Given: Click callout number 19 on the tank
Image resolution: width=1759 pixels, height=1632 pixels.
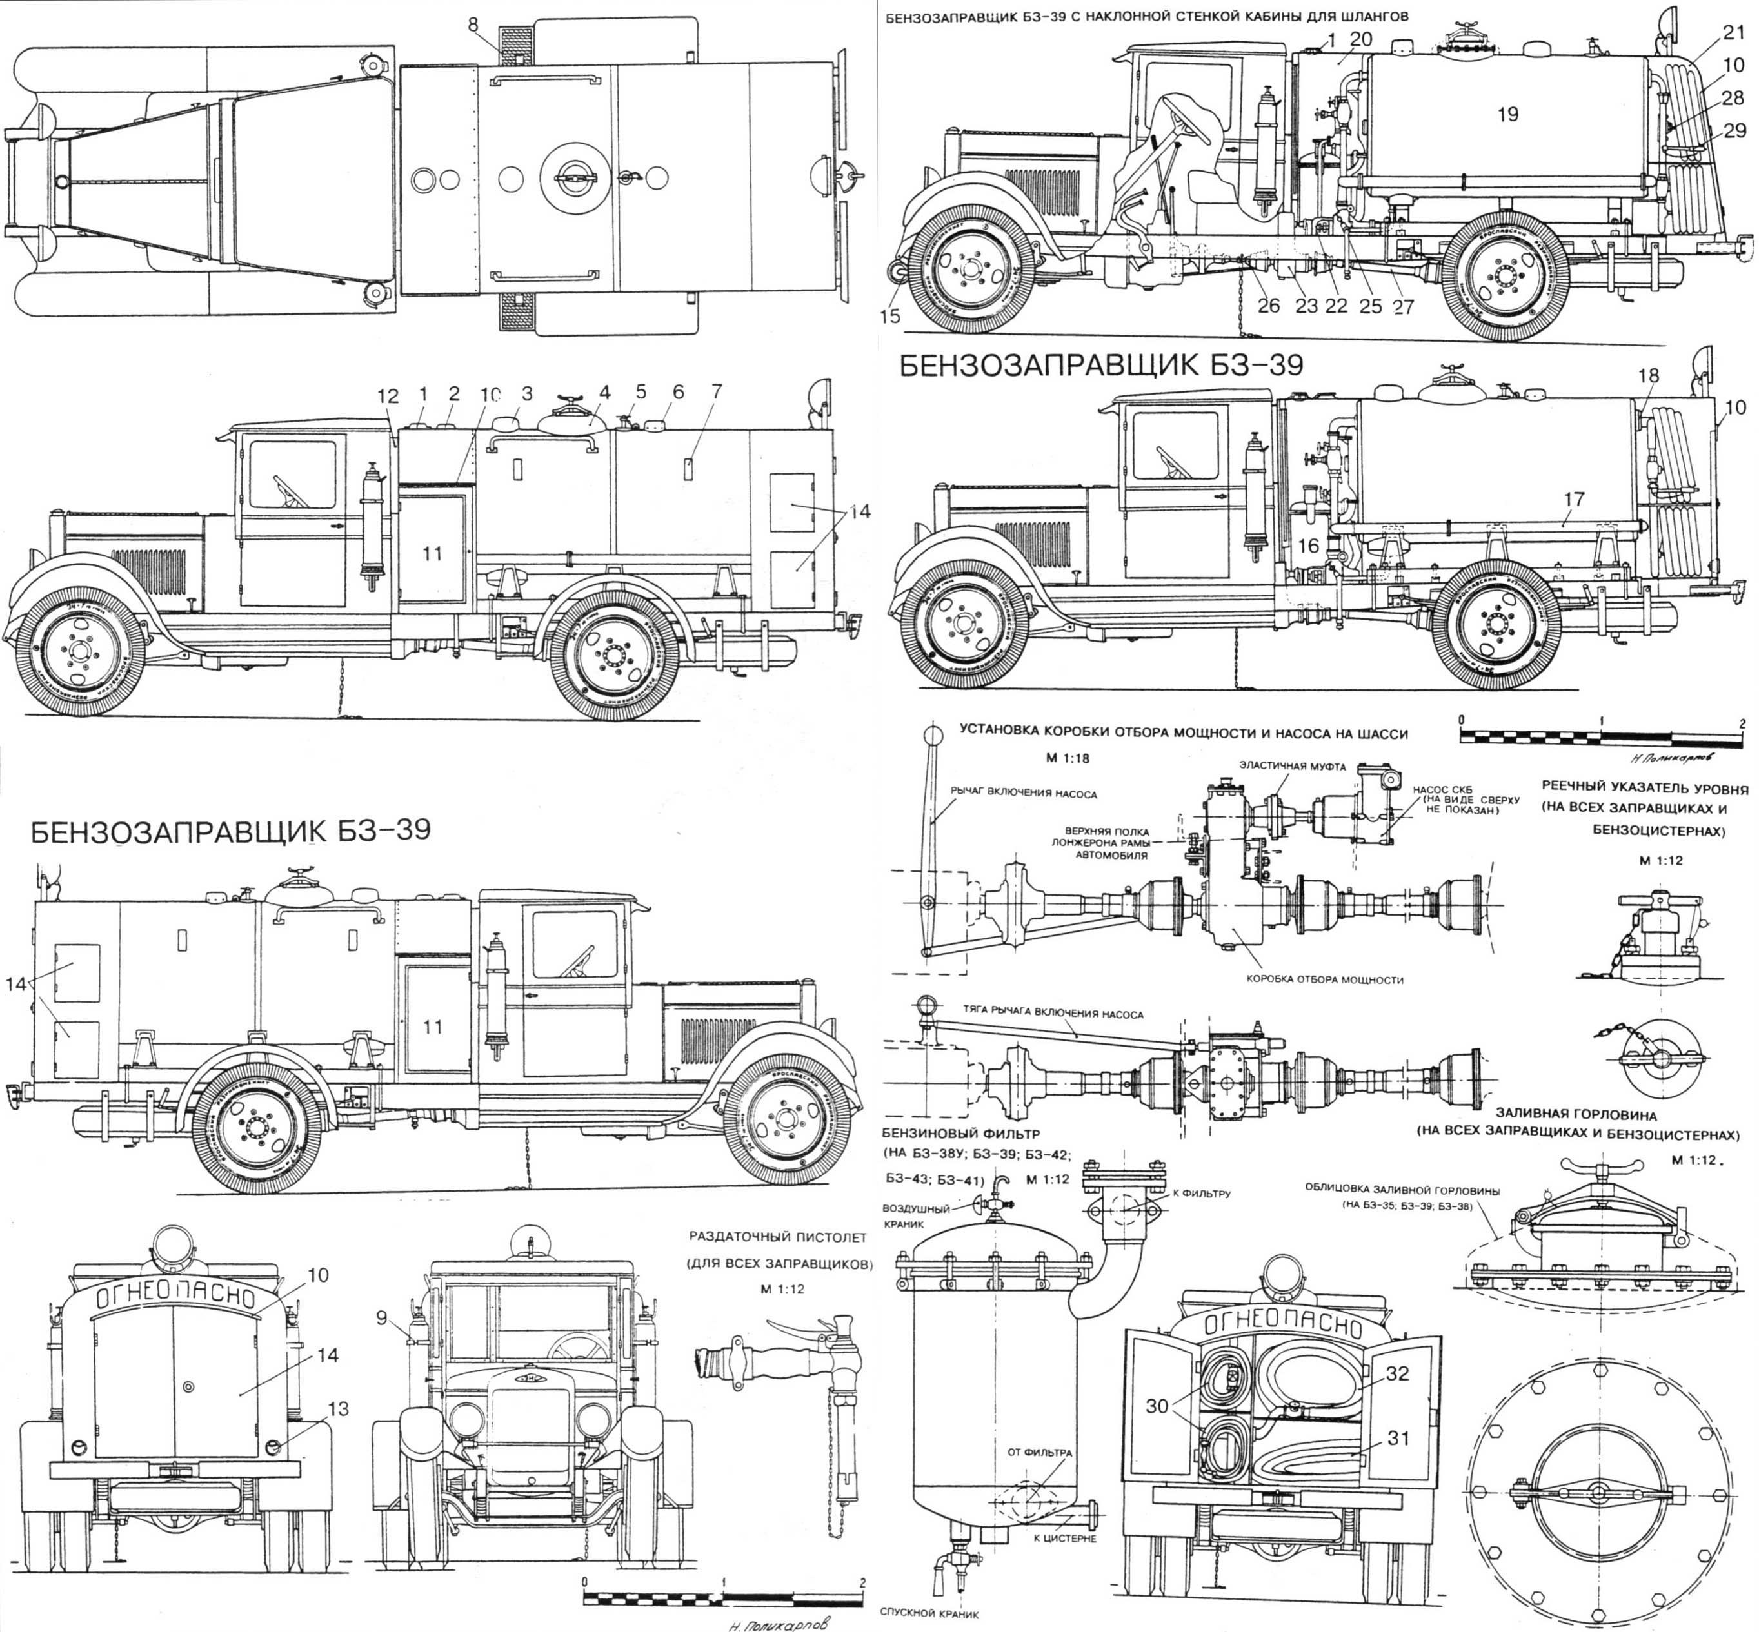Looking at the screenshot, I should [x=1507, y=115].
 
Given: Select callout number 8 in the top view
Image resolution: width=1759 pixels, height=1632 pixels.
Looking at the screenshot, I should [x=475, y=25].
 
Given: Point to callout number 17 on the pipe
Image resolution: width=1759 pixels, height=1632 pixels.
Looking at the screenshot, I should [x=1573, y=500].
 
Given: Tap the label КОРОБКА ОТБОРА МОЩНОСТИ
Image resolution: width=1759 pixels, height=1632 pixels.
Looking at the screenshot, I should [x=1324, y=979].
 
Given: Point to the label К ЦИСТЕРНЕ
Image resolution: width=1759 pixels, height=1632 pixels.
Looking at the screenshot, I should [x=1064, y=1539].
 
